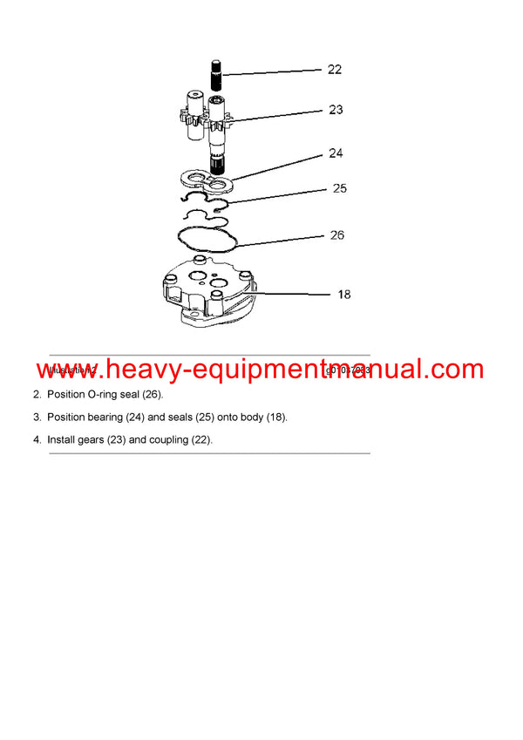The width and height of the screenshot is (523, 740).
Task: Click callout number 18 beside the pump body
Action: pos(344,295)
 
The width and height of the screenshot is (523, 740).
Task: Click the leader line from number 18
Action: pos(292,295)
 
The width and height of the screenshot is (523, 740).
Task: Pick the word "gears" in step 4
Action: pos(90,440)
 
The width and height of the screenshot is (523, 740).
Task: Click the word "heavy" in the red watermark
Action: pos(140,370)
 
